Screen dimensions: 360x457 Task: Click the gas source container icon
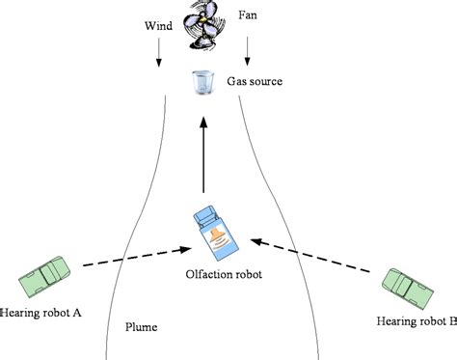202,83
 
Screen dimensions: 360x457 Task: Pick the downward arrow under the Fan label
249,47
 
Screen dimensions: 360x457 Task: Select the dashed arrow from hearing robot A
135,256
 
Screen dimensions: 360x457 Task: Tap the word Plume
142,327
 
